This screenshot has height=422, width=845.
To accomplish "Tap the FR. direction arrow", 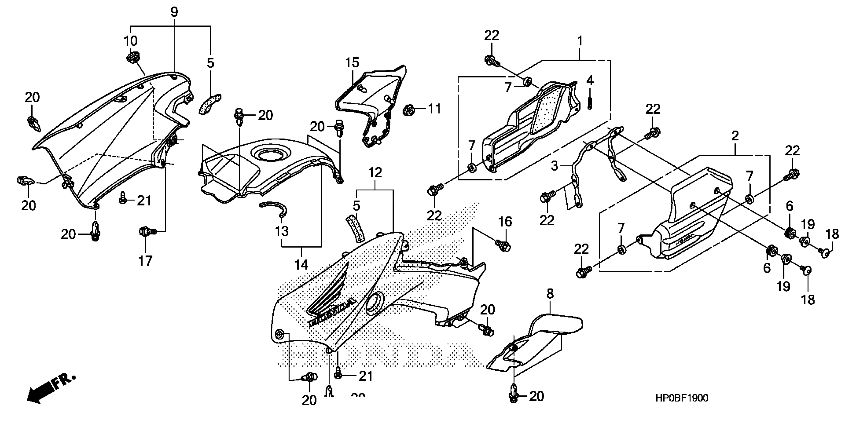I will coord(49,390).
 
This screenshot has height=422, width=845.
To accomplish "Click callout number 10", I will coord(131,41).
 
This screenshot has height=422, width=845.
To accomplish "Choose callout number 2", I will coord(735,136).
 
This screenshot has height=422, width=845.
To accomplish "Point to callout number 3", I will coord(554,166).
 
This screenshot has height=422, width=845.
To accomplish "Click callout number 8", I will coord(550,293).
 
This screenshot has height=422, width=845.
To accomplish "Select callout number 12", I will coord(375,173).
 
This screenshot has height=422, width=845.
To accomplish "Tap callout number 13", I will coord(281,231).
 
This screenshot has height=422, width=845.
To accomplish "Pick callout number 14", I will coord(301,264).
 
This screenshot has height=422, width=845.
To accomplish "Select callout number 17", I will coord(145,261).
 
